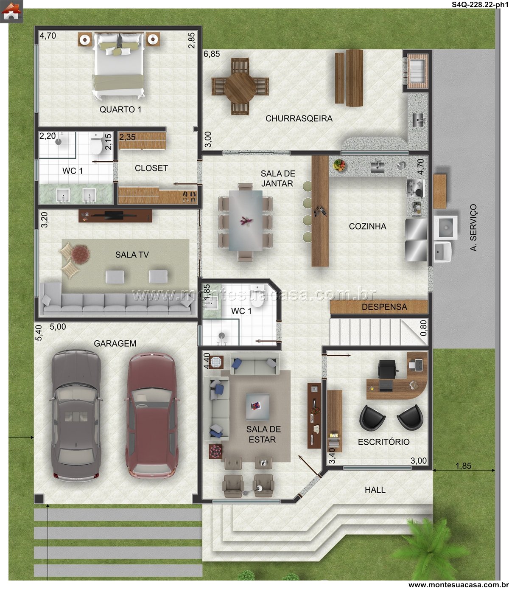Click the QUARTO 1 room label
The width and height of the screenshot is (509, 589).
click(x=120, y=109)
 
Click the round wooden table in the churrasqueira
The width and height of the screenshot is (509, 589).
click(x=240, y=86)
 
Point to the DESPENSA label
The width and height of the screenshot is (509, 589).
click(x=384, y=307)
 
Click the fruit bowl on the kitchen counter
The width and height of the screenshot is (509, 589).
click(x=339, y=165)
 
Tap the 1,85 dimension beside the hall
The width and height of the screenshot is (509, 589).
click(x=464, y=466)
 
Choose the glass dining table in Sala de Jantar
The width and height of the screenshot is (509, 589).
click(x=246, y=221)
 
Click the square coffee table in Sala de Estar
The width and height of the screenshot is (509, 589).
click(x=257, y=407)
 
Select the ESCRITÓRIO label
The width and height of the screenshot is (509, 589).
click(x=384, y=442)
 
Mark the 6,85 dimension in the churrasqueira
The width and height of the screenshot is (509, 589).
click(x=212, y=54)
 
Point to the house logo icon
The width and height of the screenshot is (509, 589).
click(x=11, y=11)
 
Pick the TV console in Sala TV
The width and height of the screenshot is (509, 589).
click(x=115, y=216)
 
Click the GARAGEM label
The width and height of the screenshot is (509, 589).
click(x=115, y=343)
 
